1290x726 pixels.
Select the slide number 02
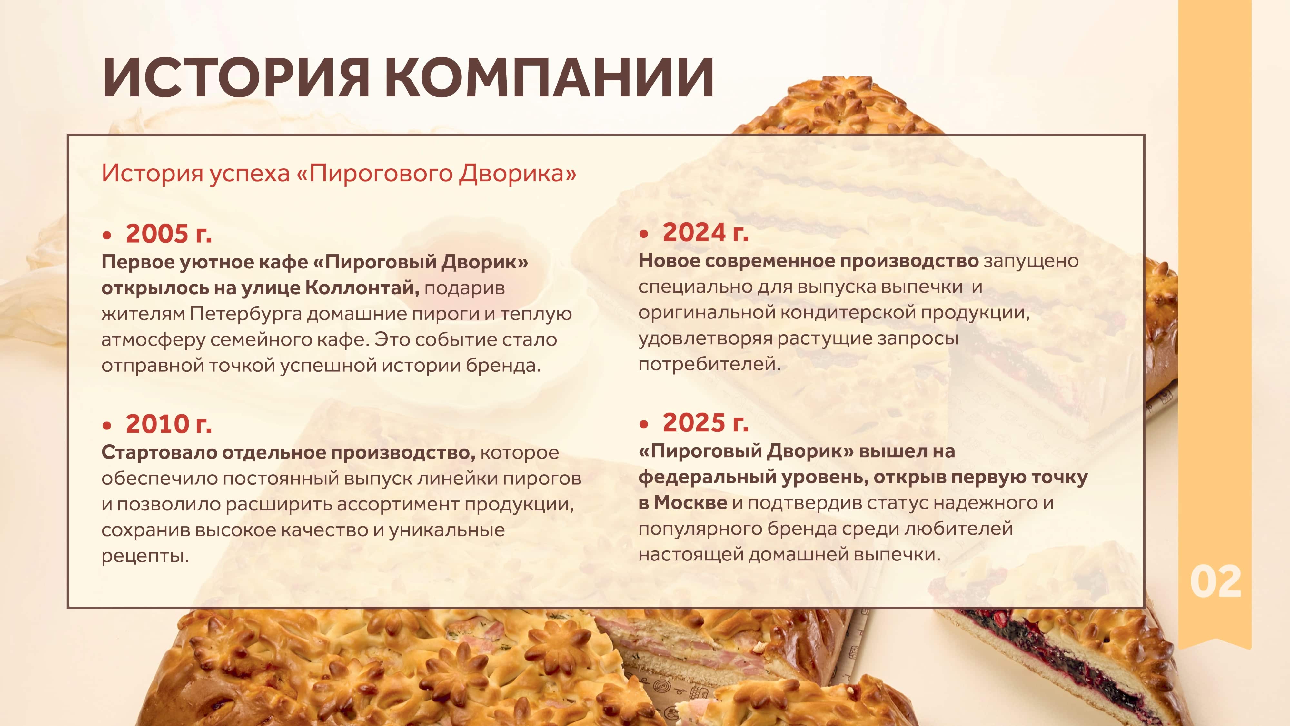pyautogui.click(x=1216, y=582)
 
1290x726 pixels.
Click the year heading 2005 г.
pyautogui.click(x=169, y=234)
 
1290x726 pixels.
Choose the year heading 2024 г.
pyautogui.click(x=706, y=232)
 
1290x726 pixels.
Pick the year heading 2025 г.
pyautogui.click(x=706, y=423)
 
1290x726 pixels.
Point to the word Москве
pyautogui.click(x=690, y=502)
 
